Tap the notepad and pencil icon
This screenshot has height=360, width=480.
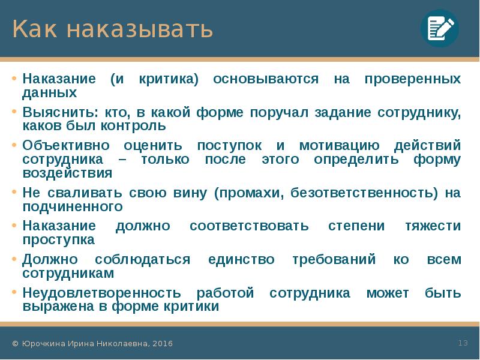point(439,28)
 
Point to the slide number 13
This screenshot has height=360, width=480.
point(463,343)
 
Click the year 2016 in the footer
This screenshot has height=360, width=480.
point(163,344)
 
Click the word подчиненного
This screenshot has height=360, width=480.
point(73,206)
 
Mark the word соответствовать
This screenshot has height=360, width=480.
point(249,226)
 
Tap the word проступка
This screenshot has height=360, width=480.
point(59,239)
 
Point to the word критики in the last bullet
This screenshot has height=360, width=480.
point(191,306)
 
